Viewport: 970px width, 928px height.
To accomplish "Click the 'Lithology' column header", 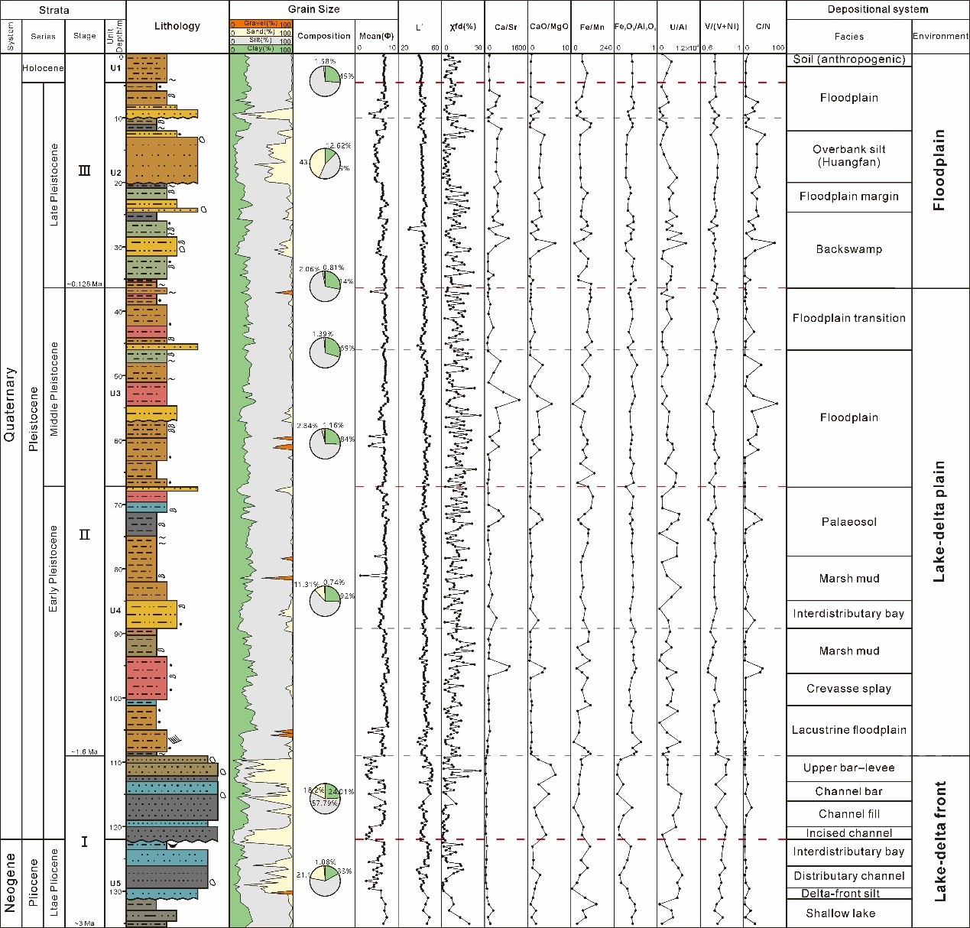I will click(177, 26).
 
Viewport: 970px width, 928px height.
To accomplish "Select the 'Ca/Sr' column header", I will click(505, 28).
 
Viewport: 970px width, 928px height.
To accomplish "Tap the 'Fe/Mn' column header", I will click(591, 28).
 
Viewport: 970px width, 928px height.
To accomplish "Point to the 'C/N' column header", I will click(763, 27).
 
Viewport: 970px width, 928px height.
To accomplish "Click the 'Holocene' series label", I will click(43, 68).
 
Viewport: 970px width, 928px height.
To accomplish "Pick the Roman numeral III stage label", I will click(84, 170).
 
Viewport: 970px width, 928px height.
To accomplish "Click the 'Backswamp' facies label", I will click(848, 249).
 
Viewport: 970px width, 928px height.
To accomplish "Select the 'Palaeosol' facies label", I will click(848, 522).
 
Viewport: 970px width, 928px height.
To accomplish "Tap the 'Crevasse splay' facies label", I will click(848, 689).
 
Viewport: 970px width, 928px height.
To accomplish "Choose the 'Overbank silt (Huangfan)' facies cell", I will click(848, 156).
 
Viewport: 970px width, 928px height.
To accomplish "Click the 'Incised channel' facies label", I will click(848, 833).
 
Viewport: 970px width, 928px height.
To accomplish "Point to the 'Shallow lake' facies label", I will click(840, 913).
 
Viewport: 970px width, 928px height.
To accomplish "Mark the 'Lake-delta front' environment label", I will click(940, 841).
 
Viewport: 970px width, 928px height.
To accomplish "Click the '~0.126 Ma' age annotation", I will click(84, 284).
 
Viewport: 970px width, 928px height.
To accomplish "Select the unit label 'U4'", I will click(115, 611).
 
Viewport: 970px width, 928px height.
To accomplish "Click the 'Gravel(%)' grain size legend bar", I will click(261, 24).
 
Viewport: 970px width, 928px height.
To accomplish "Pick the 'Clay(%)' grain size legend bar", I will click(261, 49).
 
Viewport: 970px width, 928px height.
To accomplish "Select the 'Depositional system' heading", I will click(878, 10).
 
